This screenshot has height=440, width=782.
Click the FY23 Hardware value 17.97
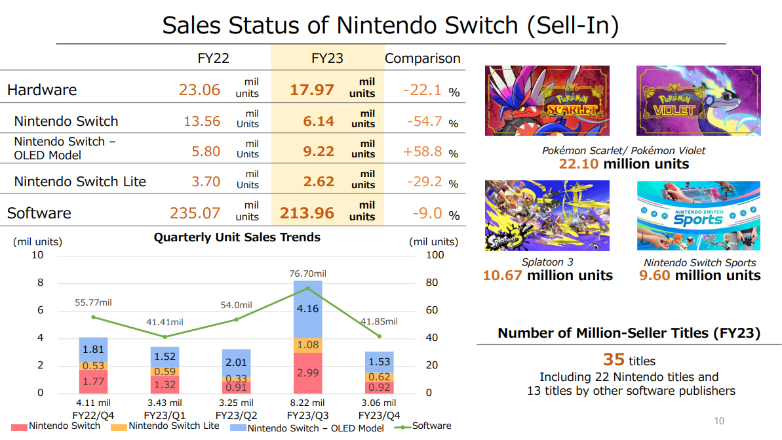pos(312,90)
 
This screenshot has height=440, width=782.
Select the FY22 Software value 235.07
pos(195,213)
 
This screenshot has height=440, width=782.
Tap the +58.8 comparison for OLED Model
pos(422,151)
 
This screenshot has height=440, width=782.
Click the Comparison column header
pos(422,58)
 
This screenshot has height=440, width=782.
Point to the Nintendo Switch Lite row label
pos(80,182)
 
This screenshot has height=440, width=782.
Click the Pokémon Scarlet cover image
pos(547,100)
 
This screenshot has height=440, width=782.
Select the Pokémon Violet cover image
pos(698,100)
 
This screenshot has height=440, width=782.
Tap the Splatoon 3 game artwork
pos(547,216)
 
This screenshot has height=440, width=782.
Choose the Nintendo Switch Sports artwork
pos(698,216)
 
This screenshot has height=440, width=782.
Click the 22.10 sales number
pos(579,164)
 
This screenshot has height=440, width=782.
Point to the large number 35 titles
pos(614,360)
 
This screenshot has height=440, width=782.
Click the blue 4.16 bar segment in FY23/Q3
pos(307,310)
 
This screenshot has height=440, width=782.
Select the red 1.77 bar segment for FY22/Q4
pos(93,382)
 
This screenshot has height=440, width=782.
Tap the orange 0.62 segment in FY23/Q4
pos(379,377)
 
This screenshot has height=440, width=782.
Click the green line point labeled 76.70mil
pos(307,288)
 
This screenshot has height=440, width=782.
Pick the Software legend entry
pos(423,426)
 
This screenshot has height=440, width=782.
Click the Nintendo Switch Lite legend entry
pos(165,426)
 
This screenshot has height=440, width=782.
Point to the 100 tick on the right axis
pos(435,255)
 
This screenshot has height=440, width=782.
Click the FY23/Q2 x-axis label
pos(236,416)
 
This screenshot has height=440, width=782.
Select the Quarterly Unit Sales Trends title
pos(237,237)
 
